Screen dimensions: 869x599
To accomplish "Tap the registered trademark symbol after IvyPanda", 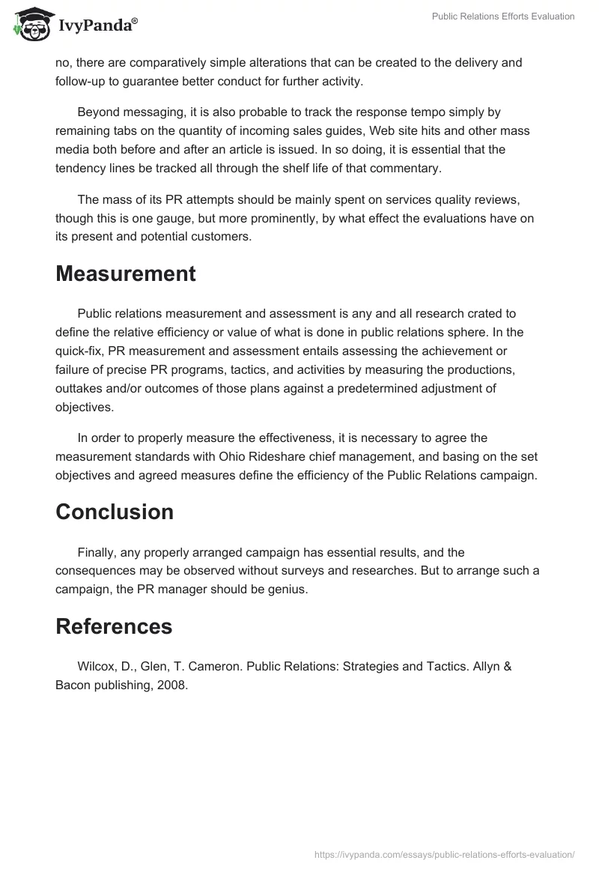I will pyautogui.click(x=135, y=21).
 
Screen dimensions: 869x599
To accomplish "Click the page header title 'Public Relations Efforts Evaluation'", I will pyautogui.click(x=503, y=16).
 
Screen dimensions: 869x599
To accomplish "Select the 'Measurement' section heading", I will pyautogui.click(x=126, y=274).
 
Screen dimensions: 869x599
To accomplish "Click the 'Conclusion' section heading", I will pyautogui.click(x=115, y=512).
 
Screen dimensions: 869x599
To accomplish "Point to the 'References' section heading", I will pyautogui.click(x=114, y=626).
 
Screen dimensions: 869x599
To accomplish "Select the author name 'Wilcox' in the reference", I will pyautogui.click(x=96, y=666).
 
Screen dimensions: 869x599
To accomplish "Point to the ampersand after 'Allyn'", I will pyautogui.click(x=507, y=666).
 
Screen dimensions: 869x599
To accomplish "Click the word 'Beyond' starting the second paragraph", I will pyautogui.click(x=98, y=112).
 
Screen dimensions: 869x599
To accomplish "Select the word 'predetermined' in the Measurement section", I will pyautogui.click(x=389, y=388).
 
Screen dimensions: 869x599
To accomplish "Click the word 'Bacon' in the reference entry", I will pyautogui.click(x=73, y=685).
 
